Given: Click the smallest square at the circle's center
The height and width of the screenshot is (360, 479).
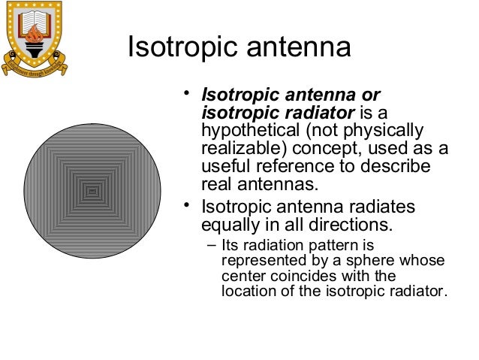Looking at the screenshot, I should (x=92, y=192).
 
